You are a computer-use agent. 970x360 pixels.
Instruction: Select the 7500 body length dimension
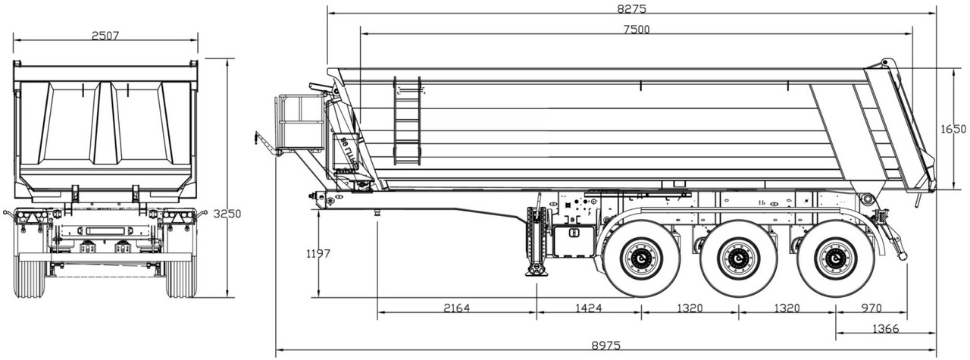pyautogui.click(x=636, y=29)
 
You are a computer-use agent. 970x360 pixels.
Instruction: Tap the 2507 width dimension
pyautogui.click(x=105, y=36)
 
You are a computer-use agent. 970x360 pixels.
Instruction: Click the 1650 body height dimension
pyautogui.click(x=953, y=129)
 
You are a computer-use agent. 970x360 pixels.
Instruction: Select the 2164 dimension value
pyautogui.click(x=456, y=308)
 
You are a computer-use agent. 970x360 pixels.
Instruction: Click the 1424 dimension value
pyautogui.click(x=588, y=308)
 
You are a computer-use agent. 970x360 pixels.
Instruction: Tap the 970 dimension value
pyautogui.click(x=871, y=308)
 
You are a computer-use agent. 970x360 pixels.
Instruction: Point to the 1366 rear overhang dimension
pyautogui.click(x=885, y=327)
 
